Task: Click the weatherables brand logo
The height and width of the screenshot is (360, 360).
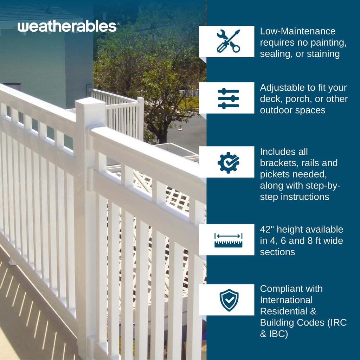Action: [x=67, y=27]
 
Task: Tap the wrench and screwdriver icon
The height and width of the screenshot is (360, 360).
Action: [x=228, y=41]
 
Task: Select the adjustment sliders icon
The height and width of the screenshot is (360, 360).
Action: [x=228, y=98]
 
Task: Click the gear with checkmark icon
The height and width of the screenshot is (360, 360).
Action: [x=228, y=162]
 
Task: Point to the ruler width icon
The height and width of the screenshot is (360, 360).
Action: [x=228, y=240]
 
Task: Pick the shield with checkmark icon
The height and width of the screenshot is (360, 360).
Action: [x=229, y=300]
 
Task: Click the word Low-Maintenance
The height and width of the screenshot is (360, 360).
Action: [x=298, y=31]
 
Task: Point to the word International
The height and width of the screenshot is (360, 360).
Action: [x=286, y=300]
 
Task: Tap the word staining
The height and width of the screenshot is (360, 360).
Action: [x=323, y=54]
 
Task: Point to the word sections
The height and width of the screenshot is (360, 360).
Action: [x=277, y=252]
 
